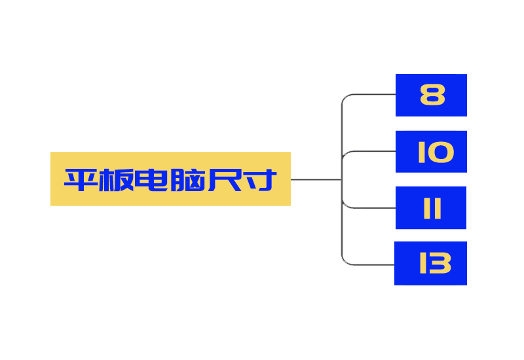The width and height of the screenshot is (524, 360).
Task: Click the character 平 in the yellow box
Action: (81, 179)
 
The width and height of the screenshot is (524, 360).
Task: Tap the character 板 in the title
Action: (117, 179)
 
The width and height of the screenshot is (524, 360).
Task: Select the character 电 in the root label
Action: (151, 179)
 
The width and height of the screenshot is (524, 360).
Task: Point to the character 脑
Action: (187, 179)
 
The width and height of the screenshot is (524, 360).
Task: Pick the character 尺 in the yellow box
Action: (225, 179)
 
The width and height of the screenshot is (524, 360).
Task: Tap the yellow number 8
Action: (432, 94)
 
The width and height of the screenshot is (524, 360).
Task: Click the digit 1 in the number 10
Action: (421, 152)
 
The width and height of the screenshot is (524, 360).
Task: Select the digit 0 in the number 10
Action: (440, 152)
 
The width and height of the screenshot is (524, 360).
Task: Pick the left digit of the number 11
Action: (427, 208)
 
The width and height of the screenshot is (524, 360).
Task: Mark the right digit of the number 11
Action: (438, 208)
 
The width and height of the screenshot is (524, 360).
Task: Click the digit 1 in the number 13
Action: (423, 263)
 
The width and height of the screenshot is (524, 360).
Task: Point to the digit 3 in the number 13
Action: (440, 263)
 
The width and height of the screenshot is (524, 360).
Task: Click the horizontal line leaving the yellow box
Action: (316, 179)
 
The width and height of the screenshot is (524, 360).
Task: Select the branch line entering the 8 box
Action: (368, 95)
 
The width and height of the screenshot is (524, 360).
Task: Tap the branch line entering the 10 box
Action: (368, 151)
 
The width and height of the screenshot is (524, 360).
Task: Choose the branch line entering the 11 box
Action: (368, 208)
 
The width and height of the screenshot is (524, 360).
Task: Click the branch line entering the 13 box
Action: (367, 265)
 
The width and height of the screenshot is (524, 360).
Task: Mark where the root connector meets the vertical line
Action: (341, 179)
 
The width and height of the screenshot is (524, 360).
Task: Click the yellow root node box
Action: (170, 179)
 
